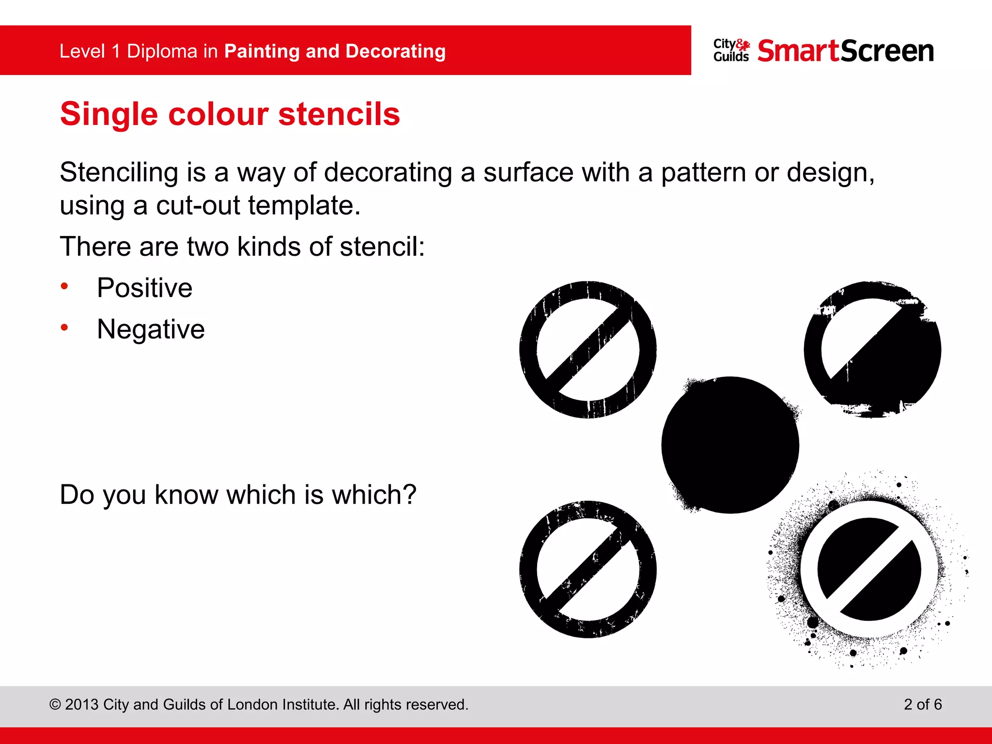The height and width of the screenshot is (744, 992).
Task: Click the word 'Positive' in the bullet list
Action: pyautogui.click(x=144, y=288)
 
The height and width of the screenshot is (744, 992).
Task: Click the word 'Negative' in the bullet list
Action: pyautogui.click(x=151, y=330)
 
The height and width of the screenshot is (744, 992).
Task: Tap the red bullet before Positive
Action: pyautogui.click(x=64, y=286)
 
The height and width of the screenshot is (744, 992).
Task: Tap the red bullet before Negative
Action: pyautogui.click(x=64, y=328)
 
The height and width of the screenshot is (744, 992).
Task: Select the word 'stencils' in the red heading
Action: pyautogui.click(x=339, y=114)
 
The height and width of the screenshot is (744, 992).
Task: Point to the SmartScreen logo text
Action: pyautogui.click(x=845, y=51)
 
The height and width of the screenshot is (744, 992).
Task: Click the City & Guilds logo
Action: pyautogui.click(x=731, y=50)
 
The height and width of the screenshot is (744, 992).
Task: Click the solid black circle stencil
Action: pyautogui.click(x=730, y=445)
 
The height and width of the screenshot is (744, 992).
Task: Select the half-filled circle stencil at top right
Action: pyautogui.click(x=872, y=350)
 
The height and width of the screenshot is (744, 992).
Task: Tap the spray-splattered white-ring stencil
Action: pyautogui.click(x=869, y=569)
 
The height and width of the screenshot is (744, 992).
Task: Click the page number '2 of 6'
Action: pyautogui.click(x=922, y=704)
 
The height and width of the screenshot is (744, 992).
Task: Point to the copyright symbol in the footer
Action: pyautogui.click(x=55, y=705)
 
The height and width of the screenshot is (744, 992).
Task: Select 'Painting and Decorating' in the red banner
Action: pyautogui.click(x=335, y=51)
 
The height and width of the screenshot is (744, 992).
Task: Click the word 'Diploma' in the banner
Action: pyautogui.click(x=162, y=51)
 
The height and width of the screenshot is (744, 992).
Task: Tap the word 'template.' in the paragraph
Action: pyautogui.click(x=304, y=205)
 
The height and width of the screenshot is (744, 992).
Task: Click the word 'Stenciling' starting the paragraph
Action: pyautogui.click(x=119, y=173)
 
